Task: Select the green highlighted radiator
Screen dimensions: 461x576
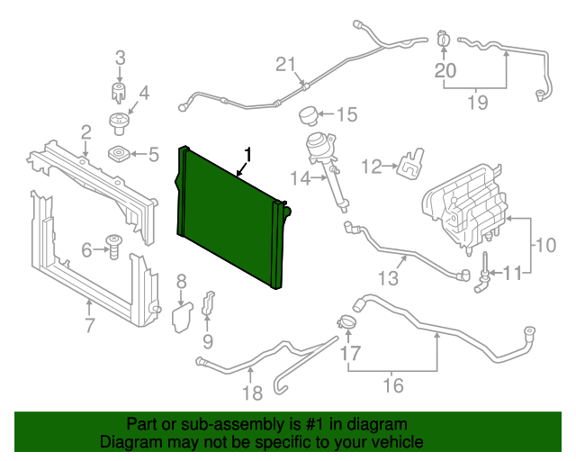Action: (x=232, y=221)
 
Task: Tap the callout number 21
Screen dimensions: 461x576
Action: (x=285, y=64)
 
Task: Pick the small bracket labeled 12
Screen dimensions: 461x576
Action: (x=409, y=163)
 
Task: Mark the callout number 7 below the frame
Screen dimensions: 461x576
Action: (x=89, y=325)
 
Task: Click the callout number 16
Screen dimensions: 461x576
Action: (x=393, y=386)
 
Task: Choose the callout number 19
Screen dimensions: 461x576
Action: (x=477, y=102)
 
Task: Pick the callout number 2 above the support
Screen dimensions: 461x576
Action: (x=85, y=133)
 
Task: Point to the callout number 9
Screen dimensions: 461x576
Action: (x=208, y=340)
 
